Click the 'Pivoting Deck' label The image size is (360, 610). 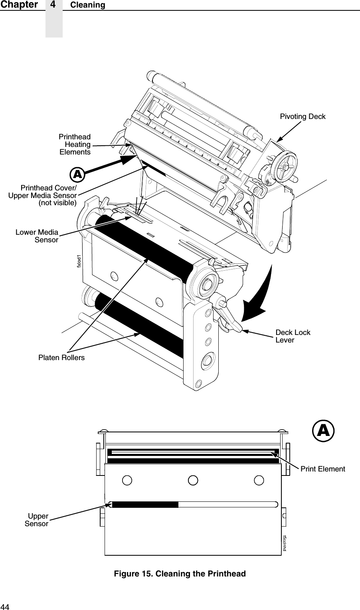[303, 117]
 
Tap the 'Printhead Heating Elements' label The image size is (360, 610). [75, 145]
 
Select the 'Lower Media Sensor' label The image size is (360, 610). [37, 236]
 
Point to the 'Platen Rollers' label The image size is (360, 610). [61, 357]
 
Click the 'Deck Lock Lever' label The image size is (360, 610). [293, 336]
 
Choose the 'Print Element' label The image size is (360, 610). [322, 469]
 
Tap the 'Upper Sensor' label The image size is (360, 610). [37, 519]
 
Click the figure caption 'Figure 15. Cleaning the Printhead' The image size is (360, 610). [180, 574]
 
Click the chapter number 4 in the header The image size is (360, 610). [54, 5]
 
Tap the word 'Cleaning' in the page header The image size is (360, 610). [88, 5]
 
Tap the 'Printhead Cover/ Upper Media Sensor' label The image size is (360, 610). [43, 195]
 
